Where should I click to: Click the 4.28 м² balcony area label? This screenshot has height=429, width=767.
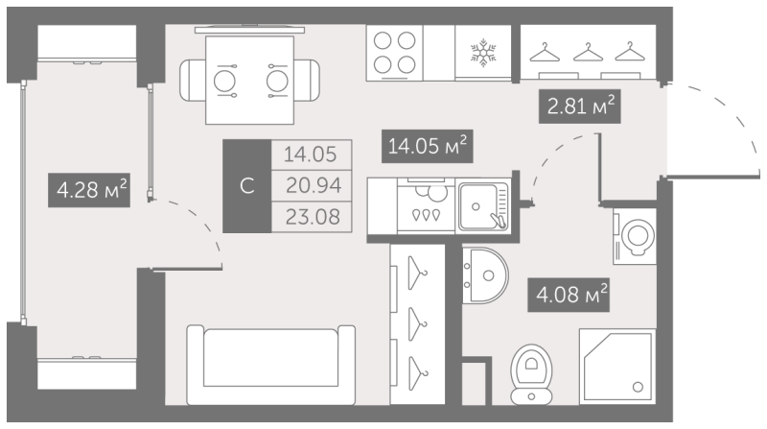click(x=89, y=190)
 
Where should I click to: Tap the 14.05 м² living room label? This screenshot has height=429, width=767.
click(x=427, y=146)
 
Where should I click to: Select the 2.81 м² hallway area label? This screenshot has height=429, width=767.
click(x=580, y=106)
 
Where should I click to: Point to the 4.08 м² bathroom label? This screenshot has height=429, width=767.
click(x=569, y=295)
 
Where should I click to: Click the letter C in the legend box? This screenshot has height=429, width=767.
click(x=247, y=186)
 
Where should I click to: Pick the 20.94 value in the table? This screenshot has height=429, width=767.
click(x=314, y=185)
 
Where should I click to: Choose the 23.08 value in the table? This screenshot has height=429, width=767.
click(x=314, y=217)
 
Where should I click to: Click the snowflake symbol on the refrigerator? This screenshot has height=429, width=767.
click(x=483, y=53)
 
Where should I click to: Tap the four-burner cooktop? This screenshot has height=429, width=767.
click(x=394, y=53)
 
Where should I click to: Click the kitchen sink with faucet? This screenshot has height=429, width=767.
click(x=484, y=206)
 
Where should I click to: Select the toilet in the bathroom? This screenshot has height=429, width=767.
click(x=531, y=374)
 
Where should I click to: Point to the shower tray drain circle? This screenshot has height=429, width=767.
click(x=638, y=387)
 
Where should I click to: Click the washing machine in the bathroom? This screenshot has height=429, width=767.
click(x=635, y=236)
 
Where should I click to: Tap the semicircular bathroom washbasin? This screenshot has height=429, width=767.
click(x=485, y=275)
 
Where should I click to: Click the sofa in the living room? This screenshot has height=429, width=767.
click(x=271, y=365)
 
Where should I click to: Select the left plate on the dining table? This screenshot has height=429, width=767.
click(x=224, y=81)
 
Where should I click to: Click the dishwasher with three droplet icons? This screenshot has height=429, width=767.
click(x=426, y=205)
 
